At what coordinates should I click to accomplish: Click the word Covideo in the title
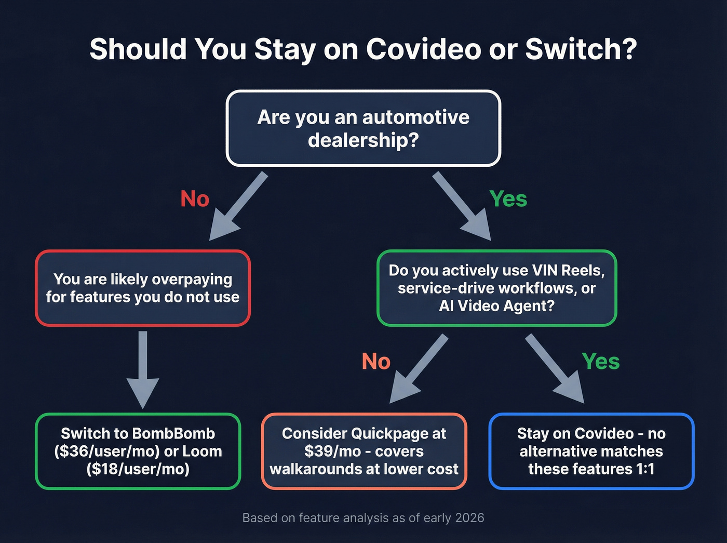(423, 49)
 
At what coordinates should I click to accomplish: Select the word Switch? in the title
(581, 49)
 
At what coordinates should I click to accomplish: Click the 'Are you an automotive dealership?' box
(363, 128)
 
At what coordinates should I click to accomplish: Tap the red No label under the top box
(195, 199)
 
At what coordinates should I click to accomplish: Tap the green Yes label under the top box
(508, 199)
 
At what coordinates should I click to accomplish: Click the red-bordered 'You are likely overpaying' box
(143, 288)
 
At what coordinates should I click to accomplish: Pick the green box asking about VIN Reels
(496, 288)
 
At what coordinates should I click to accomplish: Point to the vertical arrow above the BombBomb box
(143, 369)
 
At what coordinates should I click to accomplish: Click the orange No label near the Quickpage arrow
(376, 362)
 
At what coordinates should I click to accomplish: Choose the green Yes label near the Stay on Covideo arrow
(601, 362)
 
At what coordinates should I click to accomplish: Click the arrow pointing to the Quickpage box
(418, 369)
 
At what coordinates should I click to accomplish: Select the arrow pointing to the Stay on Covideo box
(556, 369)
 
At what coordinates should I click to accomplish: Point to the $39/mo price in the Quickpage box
(332, 451)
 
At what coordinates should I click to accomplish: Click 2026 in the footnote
(469, 518)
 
